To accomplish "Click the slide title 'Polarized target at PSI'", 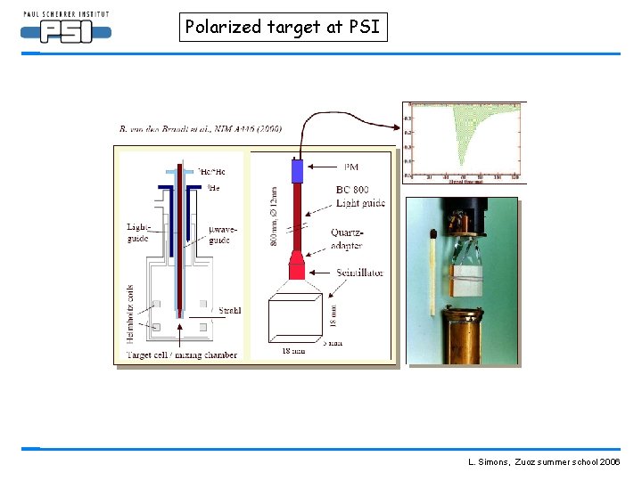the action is [283, 27].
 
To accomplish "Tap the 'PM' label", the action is [353, 166].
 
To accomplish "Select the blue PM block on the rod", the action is [298, 171].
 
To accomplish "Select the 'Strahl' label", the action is [229, 310].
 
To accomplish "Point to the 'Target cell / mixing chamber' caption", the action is [182, 355].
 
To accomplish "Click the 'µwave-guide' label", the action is [220, 236].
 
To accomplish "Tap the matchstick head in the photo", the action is [432, 236].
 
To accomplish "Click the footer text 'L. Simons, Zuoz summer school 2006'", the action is [544, 463].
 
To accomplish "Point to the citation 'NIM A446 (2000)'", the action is [240, 128].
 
